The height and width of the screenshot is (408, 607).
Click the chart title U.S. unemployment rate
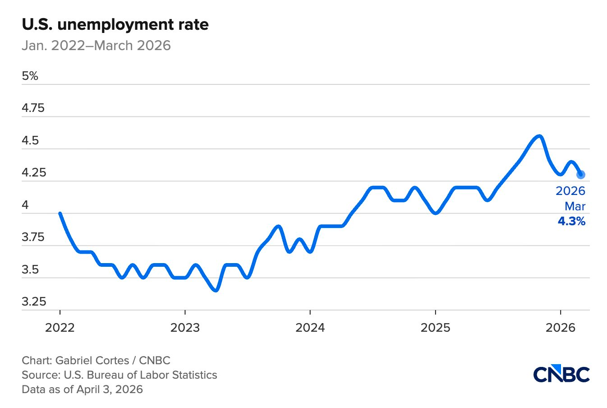coord(115,24)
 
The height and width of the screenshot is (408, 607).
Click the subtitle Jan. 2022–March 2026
coord(96,46)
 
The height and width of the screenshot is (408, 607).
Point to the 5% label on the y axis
coord(30,76)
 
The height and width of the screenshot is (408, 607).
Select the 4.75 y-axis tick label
coord(33,108)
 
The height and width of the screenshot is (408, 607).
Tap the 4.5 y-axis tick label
coord(30,140)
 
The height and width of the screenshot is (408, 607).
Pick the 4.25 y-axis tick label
coord(34,173)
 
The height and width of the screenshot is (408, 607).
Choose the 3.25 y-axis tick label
coord(34,301)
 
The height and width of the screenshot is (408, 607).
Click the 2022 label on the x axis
coord(60,328)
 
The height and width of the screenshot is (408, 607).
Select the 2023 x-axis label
coord(185,328)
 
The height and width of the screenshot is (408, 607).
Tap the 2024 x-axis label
coord(310,328)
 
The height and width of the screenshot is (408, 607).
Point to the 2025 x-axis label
coord(435,328)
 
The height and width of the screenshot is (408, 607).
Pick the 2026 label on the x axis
coord(560,328)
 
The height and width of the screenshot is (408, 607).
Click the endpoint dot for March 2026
coord(581,174)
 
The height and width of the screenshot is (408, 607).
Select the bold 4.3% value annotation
coord(571,221)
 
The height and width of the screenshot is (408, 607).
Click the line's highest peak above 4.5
coord(539,136)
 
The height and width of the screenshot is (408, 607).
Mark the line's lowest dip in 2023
coord(216,290)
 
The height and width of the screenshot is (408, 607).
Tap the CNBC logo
coord(561,375)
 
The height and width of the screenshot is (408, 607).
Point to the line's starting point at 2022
coord(60,213)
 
